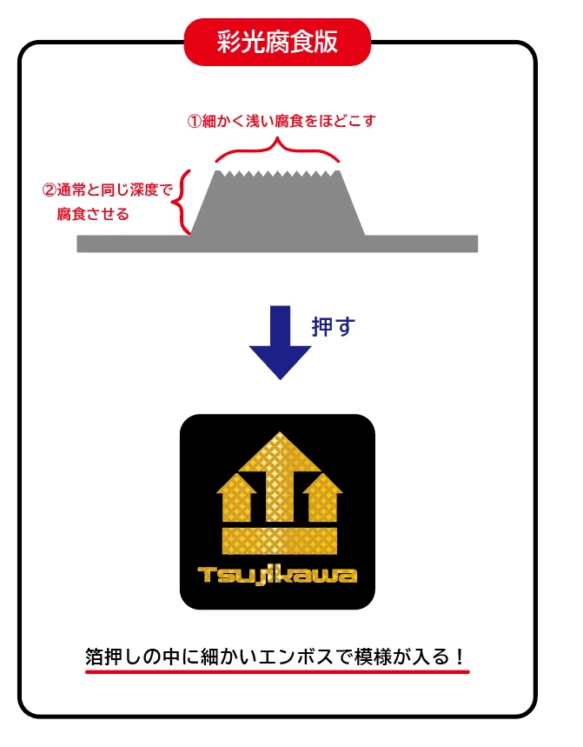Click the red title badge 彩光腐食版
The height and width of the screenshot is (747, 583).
click(277, 42)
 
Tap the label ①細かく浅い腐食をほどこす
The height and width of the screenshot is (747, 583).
click(282, 121)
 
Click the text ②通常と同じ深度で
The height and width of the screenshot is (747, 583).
click(107, 190)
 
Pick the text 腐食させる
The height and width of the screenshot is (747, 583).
click(93, 214)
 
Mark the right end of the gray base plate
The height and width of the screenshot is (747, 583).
click(477, 243)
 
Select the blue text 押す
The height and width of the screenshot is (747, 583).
click(334, 327)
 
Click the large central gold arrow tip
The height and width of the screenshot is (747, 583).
click(280, 432)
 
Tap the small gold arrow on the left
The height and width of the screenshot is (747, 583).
click(236, 496)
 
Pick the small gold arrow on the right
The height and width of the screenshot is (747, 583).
click(322, 496)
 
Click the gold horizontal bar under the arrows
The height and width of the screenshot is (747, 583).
click(280, 541)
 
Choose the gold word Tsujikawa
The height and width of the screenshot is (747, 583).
click(277, 575)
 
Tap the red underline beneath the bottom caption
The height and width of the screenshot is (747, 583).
click(277, 671)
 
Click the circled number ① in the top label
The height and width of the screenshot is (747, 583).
click(194, 121)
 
